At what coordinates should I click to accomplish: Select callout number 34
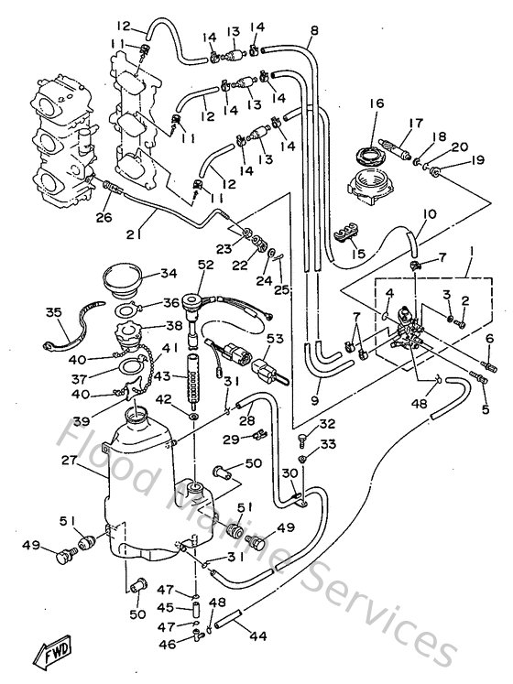click(x=168, y=273)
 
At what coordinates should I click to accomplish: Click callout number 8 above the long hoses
click(x=313, y=30)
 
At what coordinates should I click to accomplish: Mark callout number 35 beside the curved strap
click(x=52, y=314)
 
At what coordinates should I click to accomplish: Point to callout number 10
click(x=404, y=215)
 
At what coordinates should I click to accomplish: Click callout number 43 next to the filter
click(x=162, y=376)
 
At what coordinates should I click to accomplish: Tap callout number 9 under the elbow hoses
click(x=316, y=400)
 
